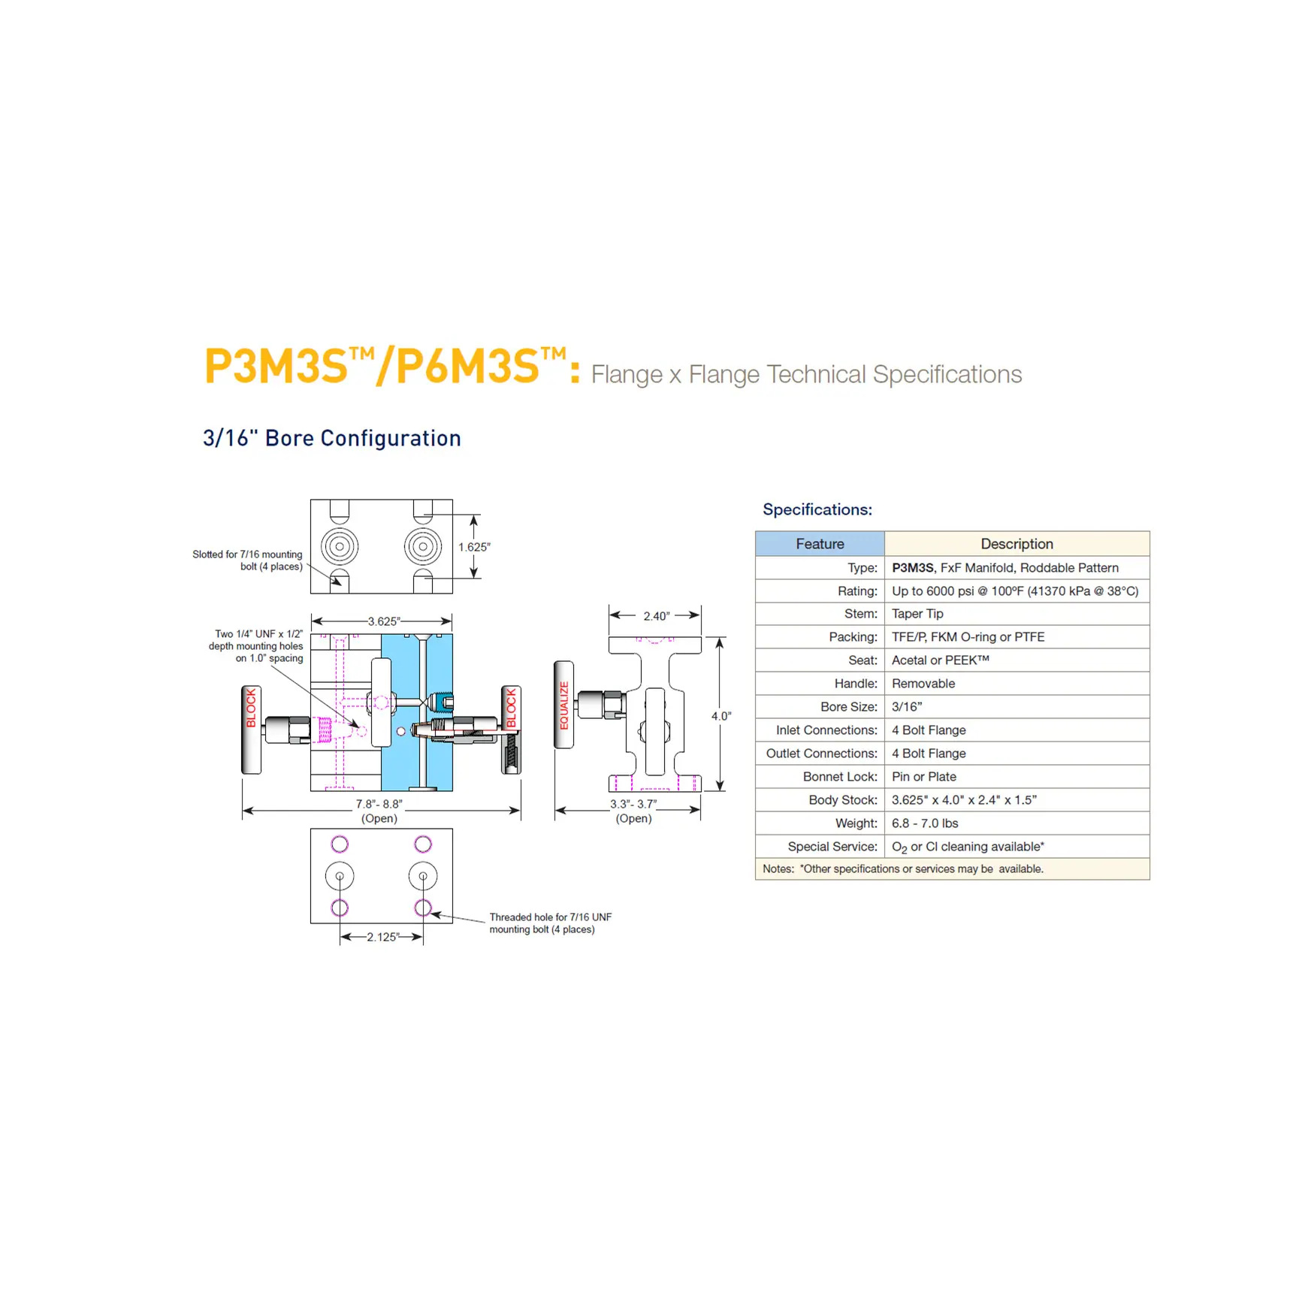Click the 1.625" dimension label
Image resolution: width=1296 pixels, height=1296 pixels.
[x=474, y=547]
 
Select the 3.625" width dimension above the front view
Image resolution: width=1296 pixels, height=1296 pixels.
[x=383, y=621]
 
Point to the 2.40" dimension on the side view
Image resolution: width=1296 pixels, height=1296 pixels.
[x=656, y=616]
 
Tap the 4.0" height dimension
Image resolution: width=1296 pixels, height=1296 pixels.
[x=721, y=716]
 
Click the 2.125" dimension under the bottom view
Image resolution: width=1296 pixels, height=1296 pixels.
[x=382, y=937]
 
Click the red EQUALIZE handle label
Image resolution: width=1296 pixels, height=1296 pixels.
[x=564, y=705]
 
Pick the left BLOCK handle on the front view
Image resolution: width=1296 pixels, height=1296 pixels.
[x=251, y=730]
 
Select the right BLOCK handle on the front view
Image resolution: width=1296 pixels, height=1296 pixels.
[x=511, y=730]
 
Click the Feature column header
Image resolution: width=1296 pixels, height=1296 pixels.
[x=820, y=543]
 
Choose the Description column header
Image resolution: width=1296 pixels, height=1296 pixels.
[x=1017, y=543]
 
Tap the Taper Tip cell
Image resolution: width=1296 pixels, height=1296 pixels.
[x=917, y=614]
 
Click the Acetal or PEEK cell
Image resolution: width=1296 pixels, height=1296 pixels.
[x=941, y=660]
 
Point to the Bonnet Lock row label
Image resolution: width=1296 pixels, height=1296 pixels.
[x=840, y=777]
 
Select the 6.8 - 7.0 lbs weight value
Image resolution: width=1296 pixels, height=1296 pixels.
[x=925, y=823]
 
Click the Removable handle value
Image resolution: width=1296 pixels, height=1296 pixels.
[x=923, y=684]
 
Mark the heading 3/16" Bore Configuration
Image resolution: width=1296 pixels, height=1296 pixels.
[x=332, y=438]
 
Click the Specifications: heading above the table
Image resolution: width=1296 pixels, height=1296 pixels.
[x=817, y=509]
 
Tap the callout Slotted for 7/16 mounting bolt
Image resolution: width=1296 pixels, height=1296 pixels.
[x=247, y=560]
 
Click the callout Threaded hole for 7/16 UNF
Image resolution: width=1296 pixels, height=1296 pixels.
[x=551, y=923]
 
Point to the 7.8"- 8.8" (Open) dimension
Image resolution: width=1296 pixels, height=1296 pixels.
[x=379, y=811]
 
